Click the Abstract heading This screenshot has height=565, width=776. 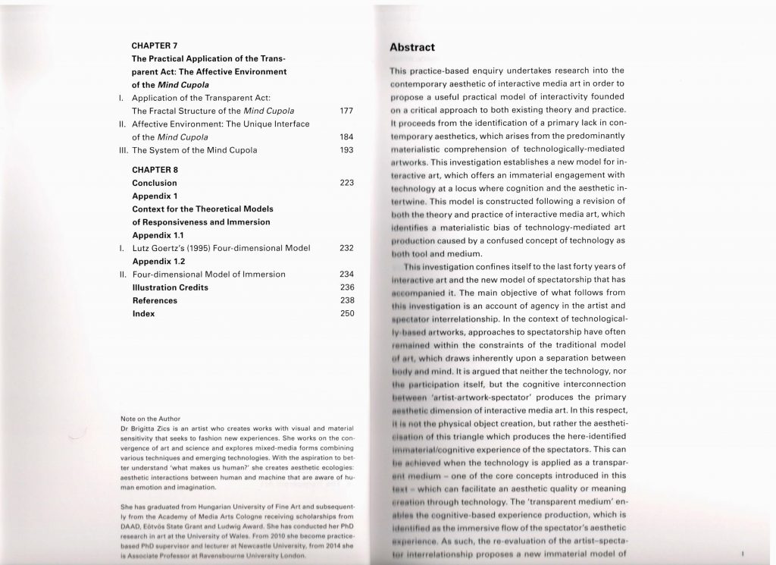coord(411,47)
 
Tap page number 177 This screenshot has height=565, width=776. coord(347,111)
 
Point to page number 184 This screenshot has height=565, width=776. coord(347,137)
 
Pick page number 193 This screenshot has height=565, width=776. coord(347,150)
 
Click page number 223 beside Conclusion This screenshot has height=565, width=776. coord(347,183)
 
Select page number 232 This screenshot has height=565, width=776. coord(347,247)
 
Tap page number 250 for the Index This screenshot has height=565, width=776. coord(347,313)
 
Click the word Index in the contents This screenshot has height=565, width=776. coord(143,313)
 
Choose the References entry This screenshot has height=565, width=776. coord(155,300)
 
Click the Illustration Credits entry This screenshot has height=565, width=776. coord(170,287)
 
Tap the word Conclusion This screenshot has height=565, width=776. coord(154,183)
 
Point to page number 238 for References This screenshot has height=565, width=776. coord(347,300)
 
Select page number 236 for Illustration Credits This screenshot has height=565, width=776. coord(347,287)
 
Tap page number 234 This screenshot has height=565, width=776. coord(347,274)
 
